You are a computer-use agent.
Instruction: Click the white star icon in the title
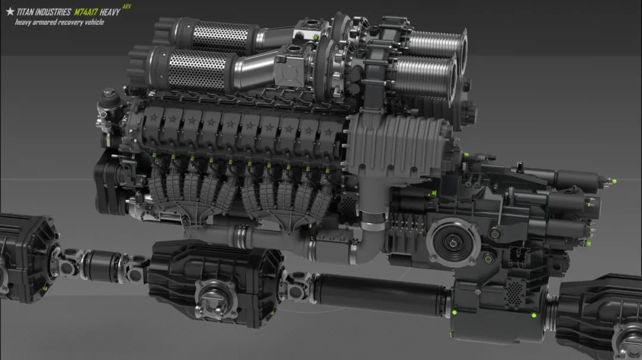(10, 11)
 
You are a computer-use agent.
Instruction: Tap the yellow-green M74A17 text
(86, 12)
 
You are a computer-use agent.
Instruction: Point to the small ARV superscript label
(127, 7)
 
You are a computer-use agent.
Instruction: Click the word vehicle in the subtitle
(94, 22)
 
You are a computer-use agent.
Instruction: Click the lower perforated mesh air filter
(197, 70)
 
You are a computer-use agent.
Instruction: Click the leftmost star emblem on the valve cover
(153, 118)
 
